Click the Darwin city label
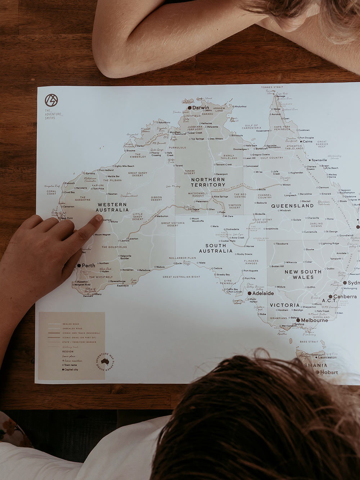click(201, 108)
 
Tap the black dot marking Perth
click(79, 266)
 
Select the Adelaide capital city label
click(263, 293)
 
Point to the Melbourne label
click(314, 320)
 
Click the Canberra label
click(345, 297)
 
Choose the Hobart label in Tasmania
click(329, 372)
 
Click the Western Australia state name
click(112, 207)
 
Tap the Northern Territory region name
click(208, 182)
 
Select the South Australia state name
click(216, 248)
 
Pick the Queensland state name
click(292, 206)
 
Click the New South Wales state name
click(303, 274)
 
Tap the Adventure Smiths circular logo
click(51, 100)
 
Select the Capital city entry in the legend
click(71, 369)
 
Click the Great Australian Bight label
click(181, 277)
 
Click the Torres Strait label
click(272, 87)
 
